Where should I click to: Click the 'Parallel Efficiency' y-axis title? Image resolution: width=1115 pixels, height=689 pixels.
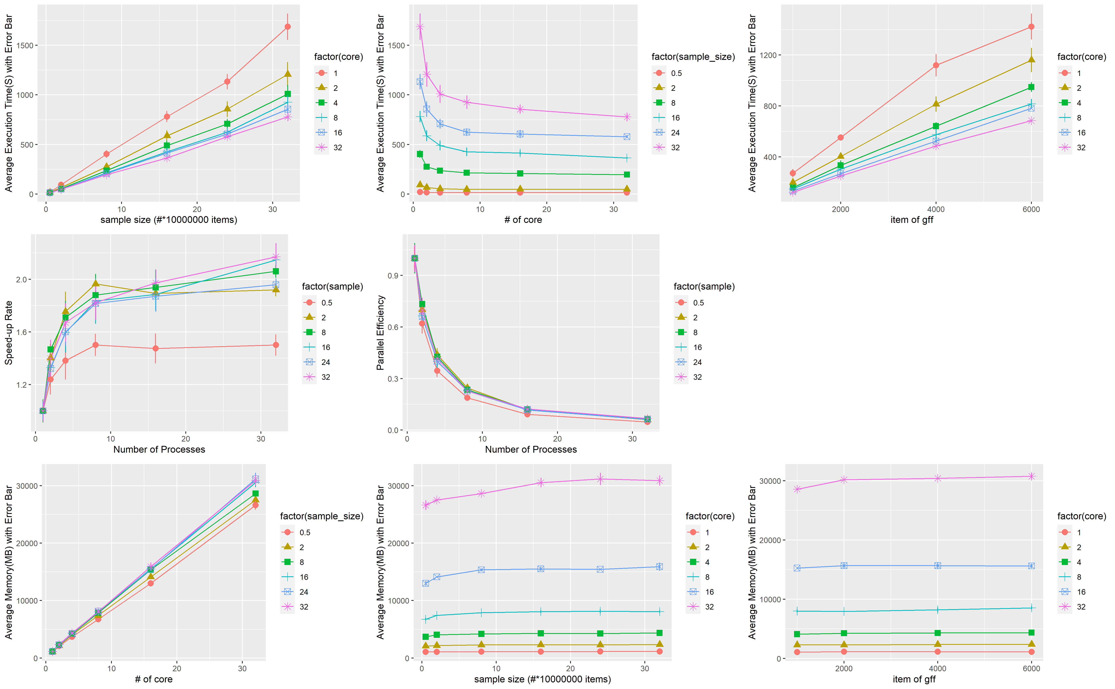380,333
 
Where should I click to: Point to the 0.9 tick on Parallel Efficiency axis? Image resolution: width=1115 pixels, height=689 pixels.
393,276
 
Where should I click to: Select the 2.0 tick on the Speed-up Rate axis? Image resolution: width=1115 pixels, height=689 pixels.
21,279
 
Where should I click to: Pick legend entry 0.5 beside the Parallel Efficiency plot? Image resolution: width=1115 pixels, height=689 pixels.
698,303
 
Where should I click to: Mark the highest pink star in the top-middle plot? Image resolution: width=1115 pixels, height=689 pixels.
420,27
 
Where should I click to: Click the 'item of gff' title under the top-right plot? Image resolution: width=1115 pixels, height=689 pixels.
912,220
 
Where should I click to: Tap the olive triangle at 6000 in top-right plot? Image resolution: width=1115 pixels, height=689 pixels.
1031,60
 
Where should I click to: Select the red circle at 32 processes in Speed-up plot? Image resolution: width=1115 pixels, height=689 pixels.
276,345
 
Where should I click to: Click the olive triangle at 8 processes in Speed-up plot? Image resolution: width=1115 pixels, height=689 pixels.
95,283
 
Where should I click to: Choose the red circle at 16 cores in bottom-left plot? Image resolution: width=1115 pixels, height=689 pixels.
150,583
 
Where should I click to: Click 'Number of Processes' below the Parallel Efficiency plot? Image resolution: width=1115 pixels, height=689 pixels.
531,449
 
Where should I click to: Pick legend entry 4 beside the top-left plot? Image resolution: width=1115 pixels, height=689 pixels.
335,103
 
